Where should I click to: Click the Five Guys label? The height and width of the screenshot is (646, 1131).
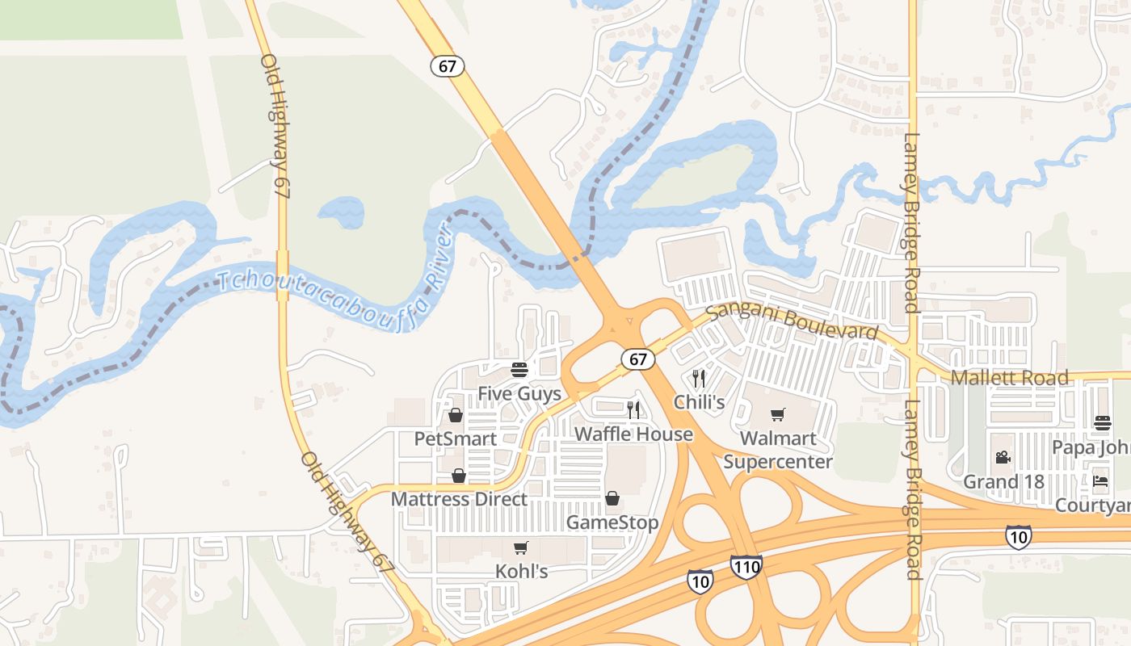(519, 394)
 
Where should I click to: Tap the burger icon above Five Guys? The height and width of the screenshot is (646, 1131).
(519, 371)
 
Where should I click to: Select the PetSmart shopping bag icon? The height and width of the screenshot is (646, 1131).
(456, 416)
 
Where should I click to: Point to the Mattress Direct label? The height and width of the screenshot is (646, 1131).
(459, 500)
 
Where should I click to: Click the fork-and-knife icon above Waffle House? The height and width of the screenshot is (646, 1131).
(633, 410)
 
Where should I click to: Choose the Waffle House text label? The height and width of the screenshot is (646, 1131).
(633, 434)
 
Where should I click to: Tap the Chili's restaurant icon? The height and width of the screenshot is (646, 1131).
(699, 379)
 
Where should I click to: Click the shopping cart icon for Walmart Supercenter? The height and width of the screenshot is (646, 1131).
(777, 415)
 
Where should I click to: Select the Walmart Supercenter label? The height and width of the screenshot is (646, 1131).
(777, 451)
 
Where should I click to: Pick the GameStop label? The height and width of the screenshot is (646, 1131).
(612, 522)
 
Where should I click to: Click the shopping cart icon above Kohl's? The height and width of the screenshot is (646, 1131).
(521, 548)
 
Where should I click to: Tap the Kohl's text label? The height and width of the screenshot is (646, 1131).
(521, 572)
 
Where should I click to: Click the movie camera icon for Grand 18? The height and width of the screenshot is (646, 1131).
(1003, 458)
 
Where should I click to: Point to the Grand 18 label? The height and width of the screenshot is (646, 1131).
(1003, 482)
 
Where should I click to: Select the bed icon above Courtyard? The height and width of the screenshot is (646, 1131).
(1100, 481)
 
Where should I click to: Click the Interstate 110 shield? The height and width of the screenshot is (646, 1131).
(746, 567)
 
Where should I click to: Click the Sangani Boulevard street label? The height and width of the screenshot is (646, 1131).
(792, 322)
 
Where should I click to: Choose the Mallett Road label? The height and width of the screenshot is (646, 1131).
(1009, 378)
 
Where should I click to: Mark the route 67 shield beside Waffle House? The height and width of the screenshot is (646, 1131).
(637, 359)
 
